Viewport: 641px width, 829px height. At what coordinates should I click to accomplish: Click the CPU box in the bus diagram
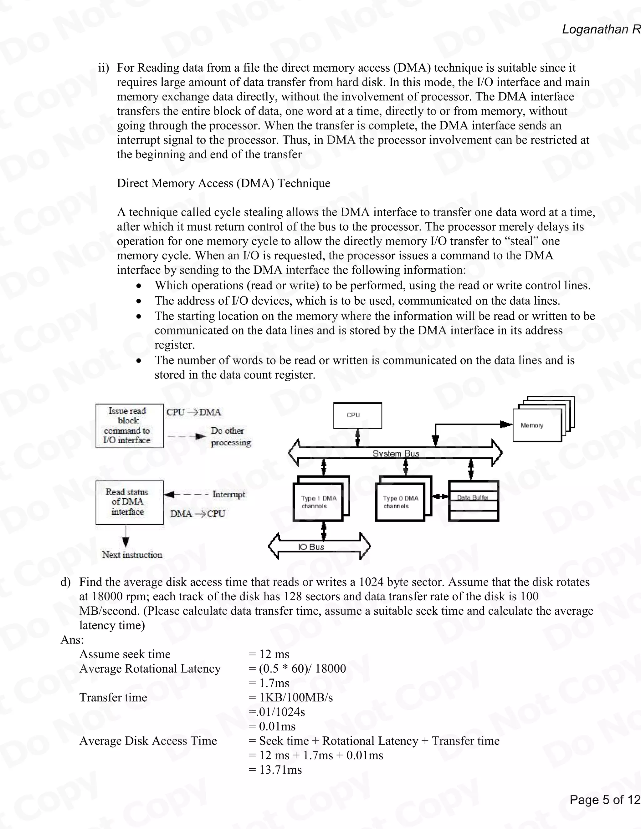(357, 415)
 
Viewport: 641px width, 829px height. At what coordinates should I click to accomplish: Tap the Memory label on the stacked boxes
(532, 425)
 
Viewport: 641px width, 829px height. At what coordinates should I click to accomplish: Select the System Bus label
(396, 454)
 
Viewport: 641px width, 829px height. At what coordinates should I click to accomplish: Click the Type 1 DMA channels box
(318, 502)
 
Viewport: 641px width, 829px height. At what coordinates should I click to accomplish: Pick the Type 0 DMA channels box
(400, 502)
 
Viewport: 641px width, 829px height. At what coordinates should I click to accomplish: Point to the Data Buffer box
(473, 501)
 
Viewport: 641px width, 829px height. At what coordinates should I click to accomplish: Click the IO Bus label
(311, 547)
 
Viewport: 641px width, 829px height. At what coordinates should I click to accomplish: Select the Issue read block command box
(129, 426)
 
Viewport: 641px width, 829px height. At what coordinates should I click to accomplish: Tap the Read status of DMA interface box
(129, 502)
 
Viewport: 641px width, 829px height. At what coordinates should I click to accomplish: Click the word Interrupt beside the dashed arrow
(228, 494)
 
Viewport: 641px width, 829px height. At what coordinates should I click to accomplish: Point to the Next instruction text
(132, 555)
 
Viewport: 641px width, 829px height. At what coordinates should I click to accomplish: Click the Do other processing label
(230, 436)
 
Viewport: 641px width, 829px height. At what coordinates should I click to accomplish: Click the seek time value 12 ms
(274, 654)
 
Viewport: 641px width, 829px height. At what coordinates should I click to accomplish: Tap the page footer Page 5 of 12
(605, 800)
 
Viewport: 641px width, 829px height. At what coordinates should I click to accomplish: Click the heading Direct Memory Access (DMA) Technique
(223, 183)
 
